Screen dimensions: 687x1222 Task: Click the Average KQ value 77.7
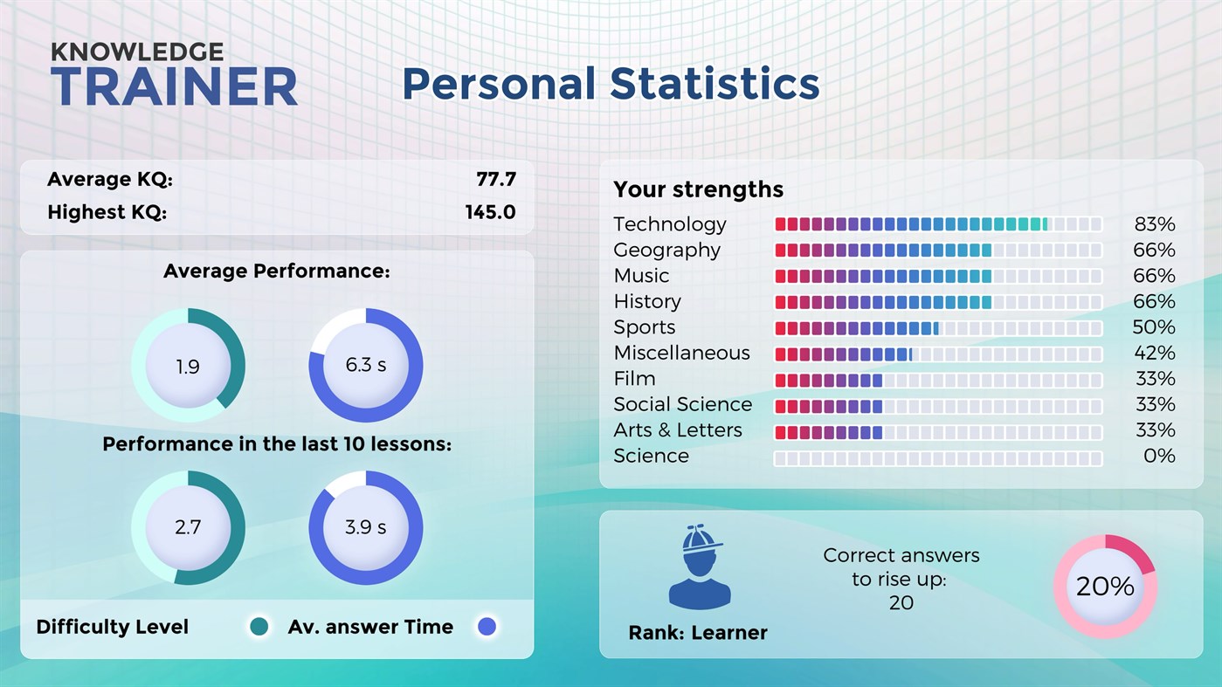point(495,180)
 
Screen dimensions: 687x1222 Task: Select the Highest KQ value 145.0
point(489,212)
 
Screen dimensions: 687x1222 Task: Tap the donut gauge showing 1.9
point(188,366)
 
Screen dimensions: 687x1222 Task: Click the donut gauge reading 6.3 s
point(365,365)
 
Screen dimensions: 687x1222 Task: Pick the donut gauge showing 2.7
point(188,527)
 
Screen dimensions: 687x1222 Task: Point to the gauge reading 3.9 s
point(365,527)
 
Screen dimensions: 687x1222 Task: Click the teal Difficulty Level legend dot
point(259,627)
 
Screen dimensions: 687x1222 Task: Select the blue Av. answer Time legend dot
point(487,627)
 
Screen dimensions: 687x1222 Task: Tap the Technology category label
point(669,224)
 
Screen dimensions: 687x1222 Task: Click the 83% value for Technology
point(1153,224)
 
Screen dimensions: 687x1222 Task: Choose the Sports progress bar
point(938,328)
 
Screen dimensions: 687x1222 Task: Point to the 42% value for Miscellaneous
point(1153,354)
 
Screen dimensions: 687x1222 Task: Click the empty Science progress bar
point(938,458)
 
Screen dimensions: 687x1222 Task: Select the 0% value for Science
point(1158,457)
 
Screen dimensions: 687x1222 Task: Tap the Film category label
point(634,379)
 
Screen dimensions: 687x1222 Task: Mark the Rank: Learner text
point(697,633)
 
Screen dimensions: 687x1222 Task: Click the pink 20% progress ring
point(1104,587)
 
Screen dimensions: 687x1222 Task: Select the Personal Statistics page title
point(611,84)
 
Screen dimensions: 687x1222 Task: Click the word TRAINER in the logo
point(174,87)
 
